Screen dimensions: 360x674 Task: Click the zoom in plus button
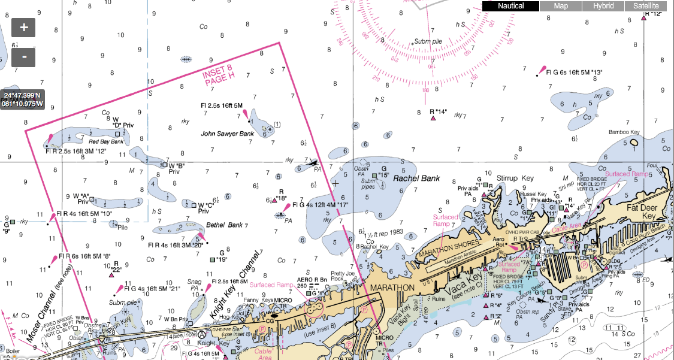click(24, 28)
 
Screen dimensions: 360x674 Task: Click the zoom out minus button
click(24, 57)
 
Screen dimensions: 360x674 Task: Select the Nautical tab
click(511, 6)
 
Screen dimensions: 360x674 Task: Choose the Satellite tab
click(646, 6)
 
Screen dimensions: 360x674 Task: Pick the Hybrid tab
click(603, 6)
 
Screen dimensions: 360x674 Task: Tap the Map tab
click(561, 6)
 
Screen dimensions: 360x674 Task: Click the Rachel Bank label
click(416, 178)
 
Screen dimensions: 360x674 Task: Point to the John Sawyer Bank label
click(227, 134)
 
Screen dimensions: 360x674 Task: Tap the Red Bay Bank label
click(106, 141)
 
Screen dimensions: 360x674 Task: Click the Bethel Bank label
click(225, 225)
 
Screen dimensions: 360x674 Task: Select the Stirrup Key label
click(515, 178)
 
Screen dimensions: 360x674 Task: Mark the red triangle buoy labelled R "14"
click(433, 119)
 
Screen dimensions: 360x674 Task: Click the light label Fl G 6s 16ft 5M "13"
click(574, 72)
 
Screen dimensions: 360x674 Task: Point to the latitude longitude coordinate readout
click(22, 99)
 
